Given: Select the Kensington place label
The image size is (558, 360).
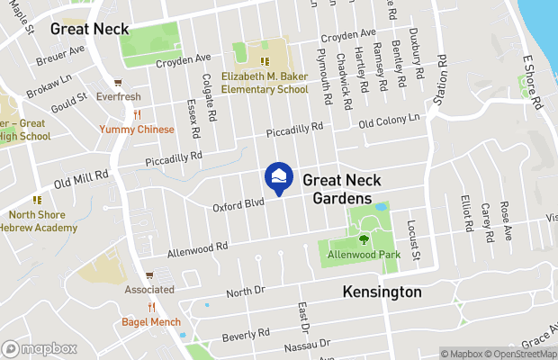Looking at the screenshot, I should pyautogui.click(x=382, y=292).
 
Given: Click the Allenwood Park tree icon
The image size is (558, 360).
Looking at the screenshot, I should pyautogui.click(x=364, y=239).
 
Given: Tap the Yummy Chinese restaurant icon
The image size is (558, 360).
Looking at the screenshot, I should pyautogui.click(x=137, y=114).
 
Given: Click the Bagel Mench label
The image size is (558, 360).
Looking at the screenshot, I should pyautogui.click(x=151, y=322).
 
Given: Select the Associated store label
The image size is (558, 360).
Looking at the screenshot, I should pyautogui.click(x=149, y=290).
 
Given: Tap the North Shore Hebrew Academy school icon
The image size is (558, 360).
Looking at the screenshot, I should pyautogui.click(x=37, y=200).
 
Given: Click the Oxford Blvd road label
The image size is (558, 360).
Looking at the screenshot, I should pyautogui.click(x=238, y=205).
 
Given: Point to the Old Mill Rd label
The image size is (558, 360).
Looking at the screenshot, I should pyautogui.click(x=81, y=180).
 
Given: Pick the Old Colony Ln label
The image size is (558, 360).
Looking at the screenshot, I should pyautogui.click(x=390, y=121).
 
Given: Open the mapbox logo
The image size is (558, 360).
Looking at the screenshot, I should pyautogui.click(x=40, y=348).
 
